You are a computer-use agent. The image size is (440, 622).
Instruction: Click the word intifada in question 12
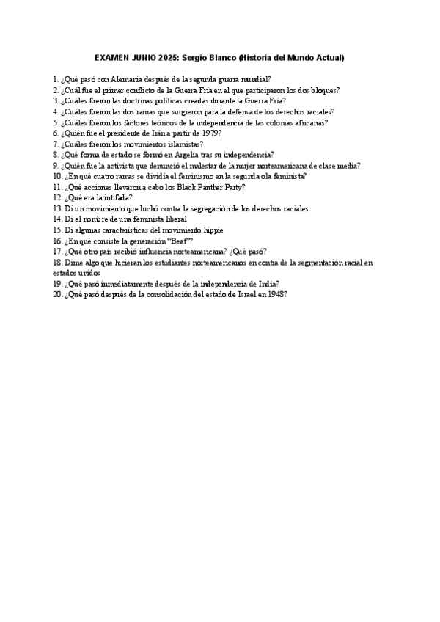(117, 198)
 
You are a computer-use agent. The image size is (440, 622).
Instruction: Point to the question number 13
(57, 209)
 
